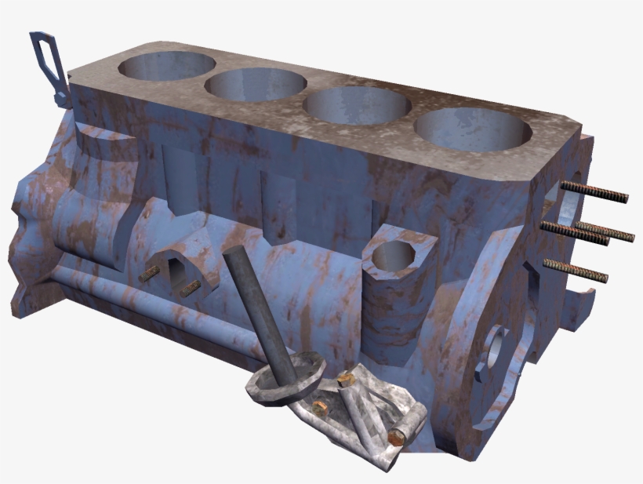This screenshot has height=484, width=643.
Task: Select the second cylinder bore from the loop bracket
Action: point(256,84)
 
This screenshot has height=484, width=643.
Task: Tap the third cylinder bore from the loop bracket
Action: point(357,105)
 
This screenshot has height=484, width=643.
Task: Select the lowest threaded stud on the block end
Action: point(576,270)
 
